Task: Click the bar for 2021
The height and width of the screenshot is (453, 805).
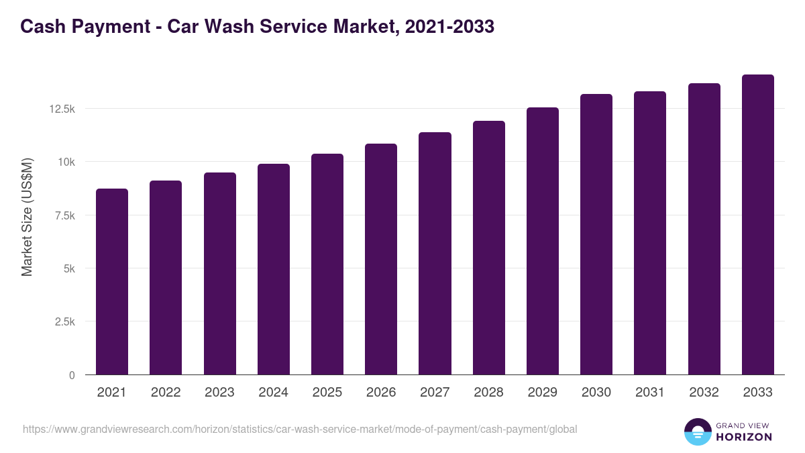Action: pos(112,282)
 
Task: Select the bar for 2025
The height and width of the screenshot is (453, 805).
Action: pos(327,264)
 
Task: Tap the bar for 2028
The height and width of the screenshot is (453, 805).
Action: pos(488,248)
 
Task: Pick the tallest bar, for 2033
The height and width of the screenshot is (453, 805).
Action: pos(757,225)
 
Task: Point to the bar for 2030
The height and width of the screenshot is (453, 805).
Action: pos(596,234)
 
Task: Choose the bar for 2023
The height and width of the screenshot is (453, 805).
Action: pos(219,274)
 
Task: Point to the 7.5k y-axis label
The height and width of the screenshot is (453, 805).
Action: pos(65,215)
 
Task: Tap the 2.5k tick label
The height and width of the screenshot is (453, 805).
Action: pos(65,321)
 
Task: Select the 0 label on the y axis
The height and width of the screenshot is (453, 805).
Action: pos(72,375)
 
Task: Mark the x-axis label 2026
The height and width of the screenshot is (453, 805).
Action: pos(381,393)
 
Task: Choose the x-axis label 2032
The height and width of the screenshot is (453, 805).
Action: pos(704,393)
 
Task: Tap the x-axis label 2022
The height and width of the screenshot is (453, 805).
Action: pos(166,393)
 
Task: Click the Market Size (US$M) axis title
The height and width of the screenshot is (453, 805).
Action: pos(27,217)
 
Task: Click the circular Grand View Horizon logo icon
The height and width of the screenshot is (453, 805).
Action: pos(697,432)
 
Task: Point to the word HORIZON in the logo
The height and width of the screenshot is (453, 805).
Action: pos(743,437)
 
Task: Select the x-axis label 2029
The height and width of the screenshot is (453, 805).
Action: pos(542,393)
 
